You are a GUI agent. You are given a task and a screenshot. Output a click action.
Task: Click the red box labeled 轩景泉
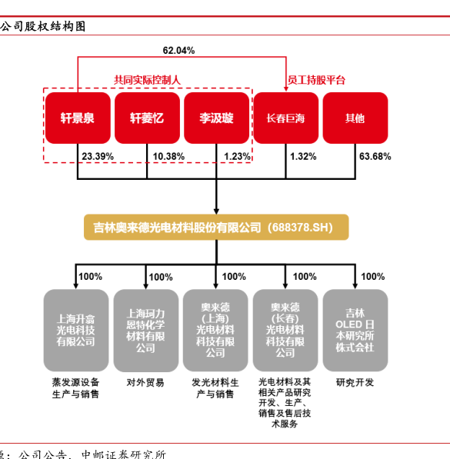(x=78, y=118)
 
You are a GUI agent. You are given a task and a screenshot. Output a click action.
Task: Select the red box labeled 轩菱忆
(x=147, y=118)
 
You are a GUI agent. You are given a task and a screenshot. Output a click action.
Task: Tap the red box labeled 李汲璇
(x=216, y=118)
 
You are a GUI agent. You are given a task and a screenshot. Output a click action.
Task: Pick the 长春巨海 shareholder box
(x=286, y=118)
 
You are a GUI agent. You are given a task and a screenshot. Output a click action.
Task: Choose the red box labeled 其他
(x=355, y=118)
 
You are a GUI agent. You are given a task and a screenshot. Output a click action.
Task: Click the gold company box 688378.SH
(x=216, y=228)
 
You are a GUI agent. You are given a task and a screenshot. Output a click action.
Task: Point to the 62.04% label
(x=178, y=51)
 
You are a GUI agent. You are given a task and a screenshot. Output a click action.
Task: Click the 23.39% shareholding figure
(x=98, y=157)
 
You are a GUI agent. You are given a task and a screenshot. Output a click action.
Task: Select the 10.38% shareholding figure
(x=168, y=157)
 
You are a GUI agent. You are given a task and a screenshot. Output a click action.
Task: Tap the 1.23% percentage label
(x=237, y=157)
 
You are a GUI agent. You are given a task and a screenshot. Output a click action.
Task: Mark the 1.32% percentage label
(x=303, y=157)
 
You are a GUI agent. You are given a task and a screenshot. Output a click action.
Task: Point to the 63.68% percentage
(x=375, y=157)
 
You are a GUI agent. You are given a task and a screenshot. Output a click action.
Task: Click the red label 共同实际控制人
(x=148, y=80)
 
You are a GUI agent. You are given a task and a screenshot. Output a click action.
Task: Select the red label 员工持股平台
(x=316, y=80)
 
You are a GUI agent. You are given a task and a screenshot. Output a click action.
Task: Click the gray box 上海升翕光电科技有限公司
(x=76, y=330)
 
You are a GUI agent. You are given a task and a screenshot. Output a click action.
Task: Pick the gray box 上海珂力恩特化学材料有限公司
(x=146, y=330)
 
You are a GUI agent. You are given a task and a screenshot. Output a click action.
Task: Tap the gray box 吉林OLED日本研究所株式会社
(x=355, y=330)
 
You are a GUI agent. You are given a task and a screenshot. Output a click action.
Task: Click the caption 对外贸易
(x=145, y=383)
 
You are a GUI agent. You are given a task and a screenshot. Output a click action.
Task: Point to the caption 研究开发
(x=355, y=383)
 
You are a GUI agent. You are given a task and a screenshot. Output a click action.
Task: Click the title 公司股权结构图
(x=43, y=27)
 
